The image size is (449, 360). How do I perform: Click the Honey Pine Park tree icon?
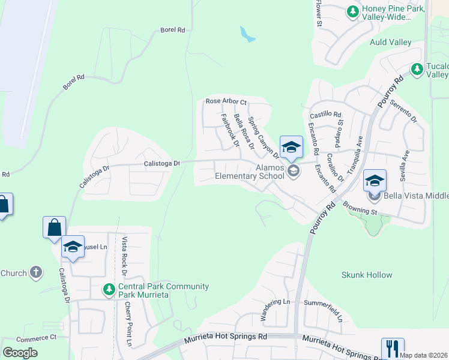pyautogui.click(x=353, y=11)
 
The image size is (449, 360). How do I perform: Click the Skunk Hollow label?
pyautogui.click(x=367, y=275)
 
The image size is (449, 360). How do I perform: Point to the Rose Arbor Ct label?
pyautogui.click(x=226, y=101)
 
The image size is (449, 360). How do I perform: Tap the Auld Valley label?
pyautogui.click(x=391, y=42)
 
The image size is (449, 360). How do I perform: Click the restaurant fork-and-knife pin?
pyautogui.click(x=393, y=348)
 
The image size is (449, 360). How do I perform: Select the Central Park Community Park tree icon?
pyautogui.click(x=109, y=290)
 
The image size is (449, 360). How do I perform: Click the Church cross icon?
pyautogui.click(x=35, y=273)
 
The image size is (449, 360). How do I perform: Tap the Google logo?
pyautogui.click(x=20, y=353)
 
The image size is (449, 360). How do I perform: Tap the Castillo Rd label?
pyautogui.click(x=325, y=114)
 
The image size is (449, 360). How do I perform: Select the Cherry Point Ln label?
pyautogui.click(x=128, y=323)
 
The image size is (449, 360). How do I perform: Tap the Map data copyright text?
pyautogui.click(x=423, y=355)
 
